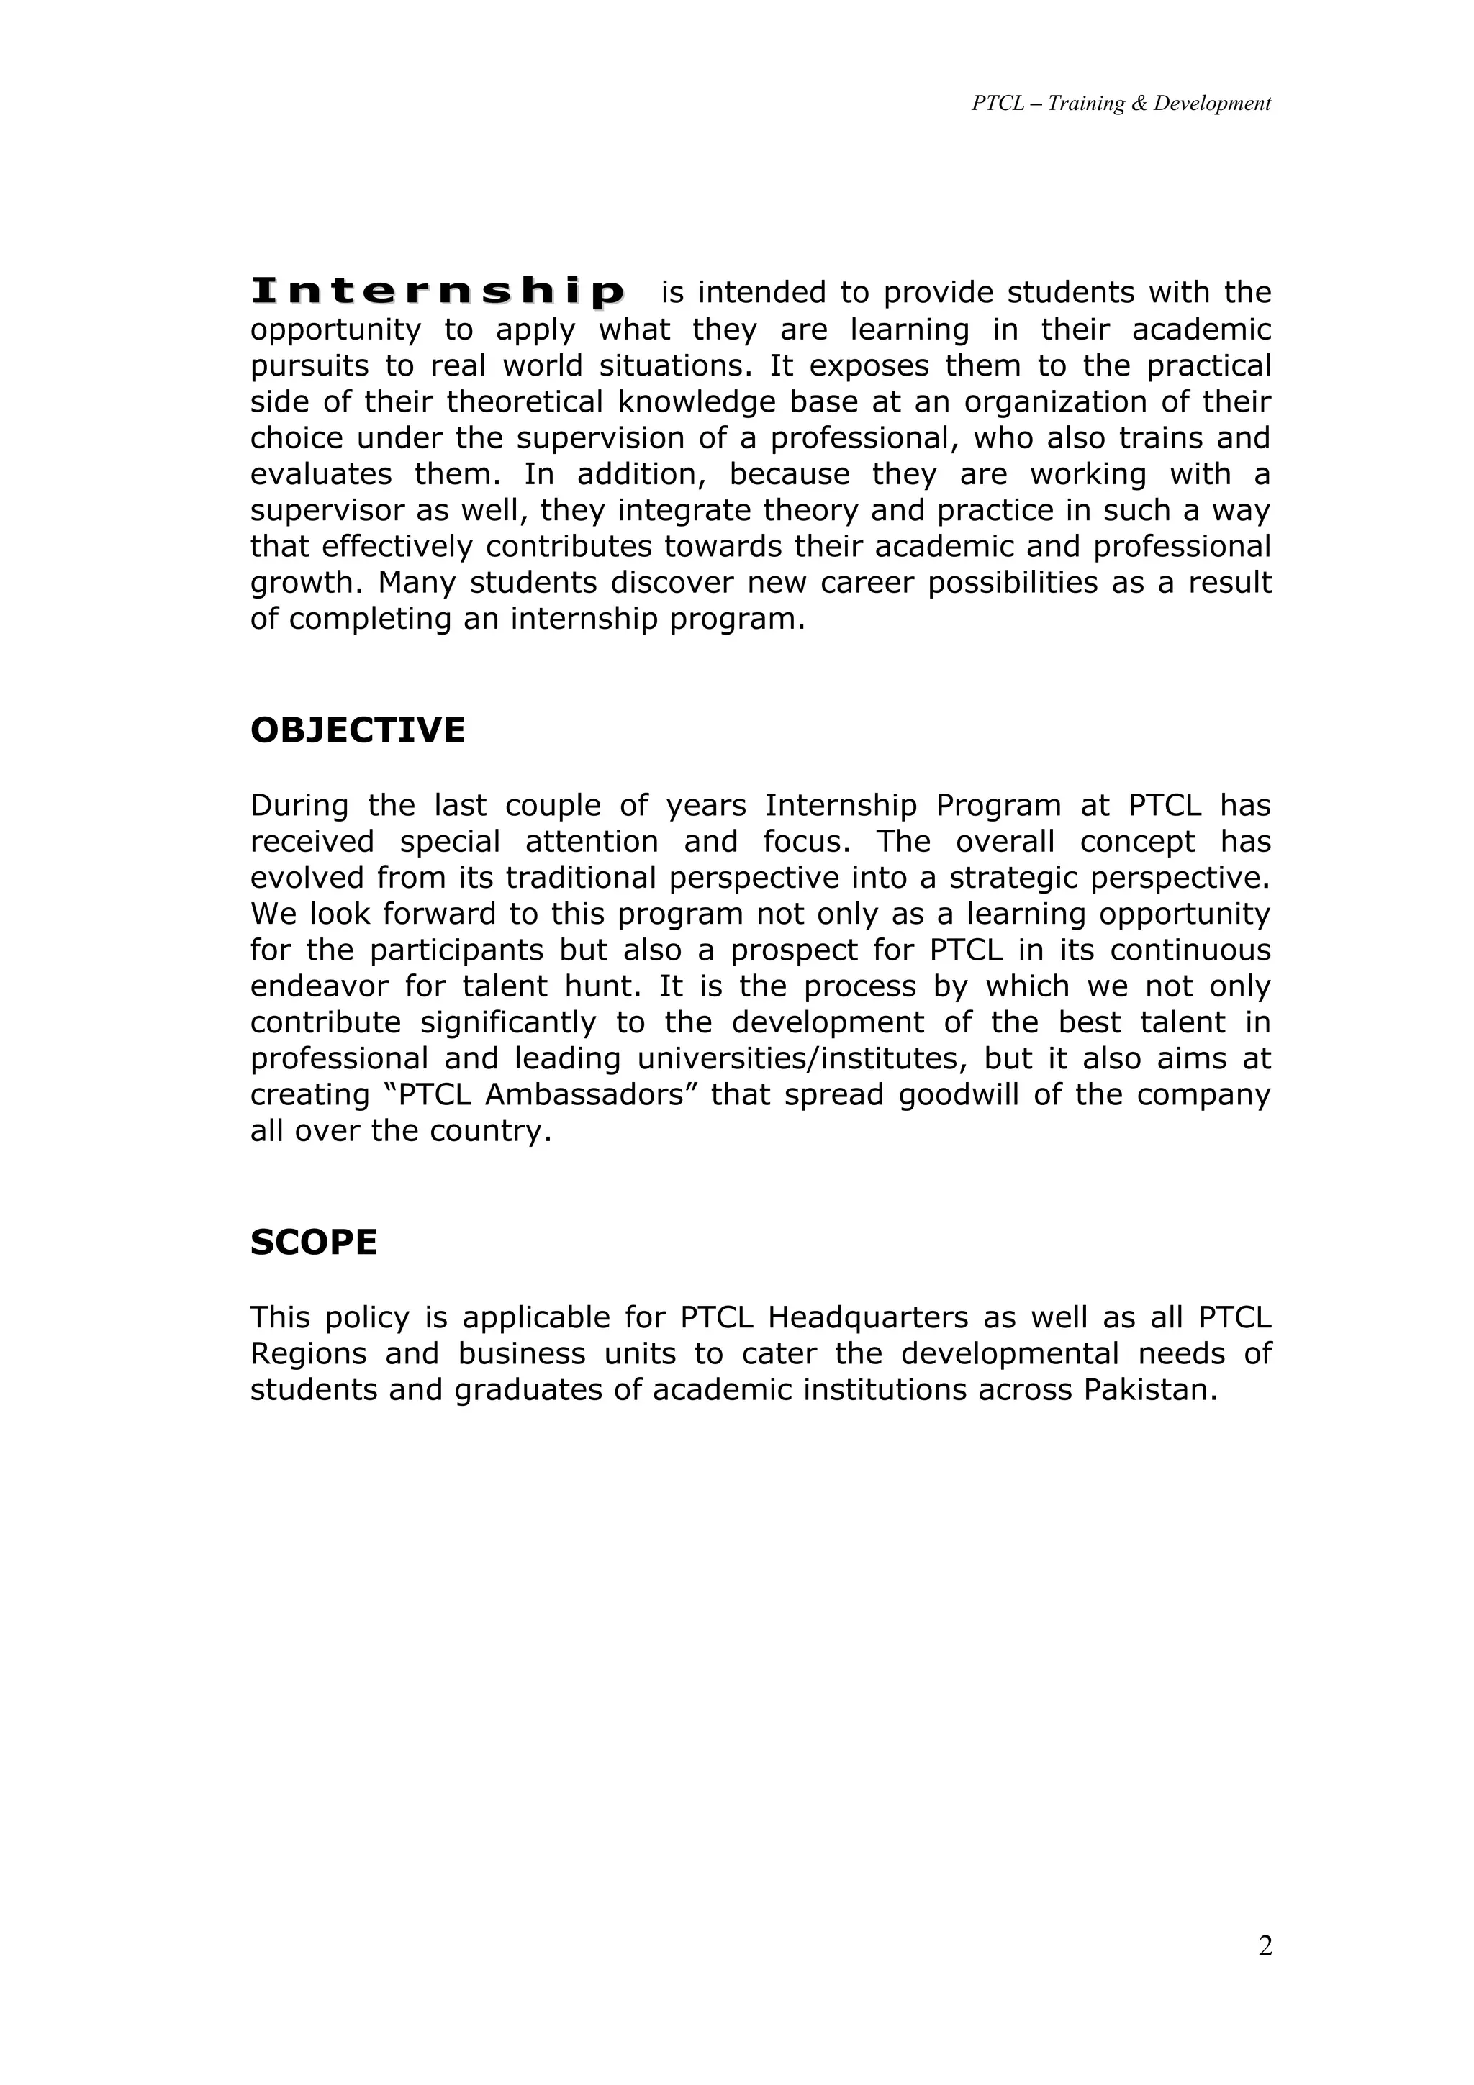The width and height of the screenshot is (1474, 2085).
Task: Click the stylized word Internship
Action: [x=438, y=292]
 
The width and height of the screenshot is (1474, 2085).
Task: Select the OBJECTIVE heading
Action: [x=357, y=731]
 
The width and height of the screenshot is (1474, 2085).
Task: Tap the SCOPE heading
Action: [x=313, y=1243]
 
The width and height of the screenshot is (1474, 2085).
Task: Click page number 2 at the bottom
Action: [x=1265, y=1946]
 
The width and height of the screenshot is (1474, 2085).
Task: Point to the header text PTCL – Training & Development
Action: [x=1121, y=104]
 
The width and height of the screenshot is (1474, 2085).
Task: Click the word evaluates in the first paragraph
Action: [x=320, y=474]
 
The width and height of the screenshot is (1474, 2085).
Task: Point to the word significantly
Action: [x=507, y=1022]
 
